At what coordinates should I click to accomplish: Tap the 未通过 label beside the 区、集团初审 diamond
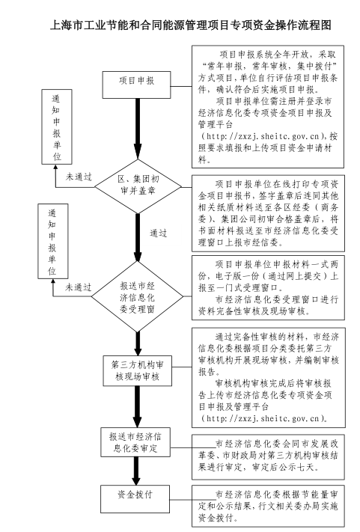point(79,177)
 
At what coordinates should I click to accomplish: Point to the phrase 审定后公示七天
point(284,466)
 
